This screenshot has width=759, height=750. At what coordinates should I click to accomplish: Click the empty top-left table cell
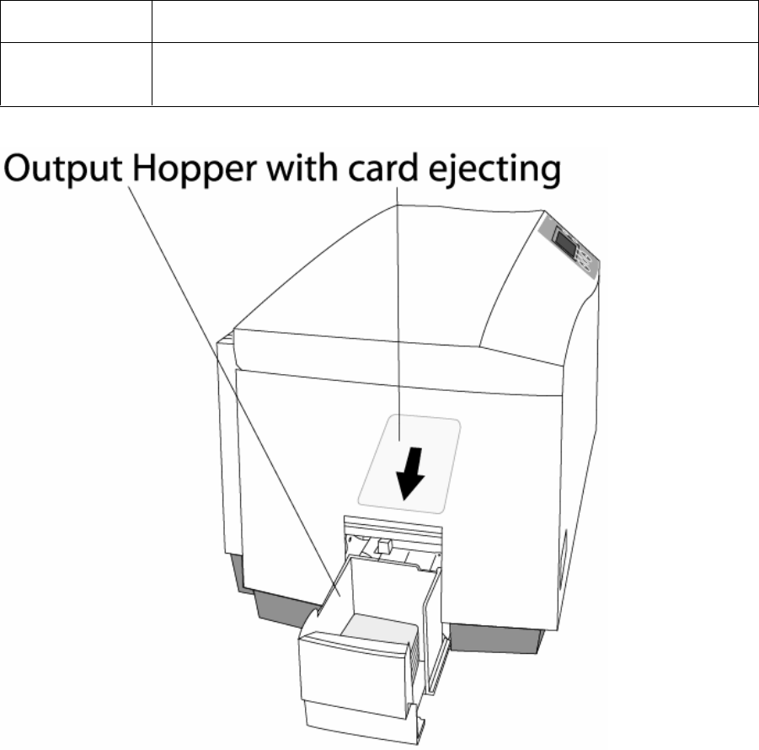76,21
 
